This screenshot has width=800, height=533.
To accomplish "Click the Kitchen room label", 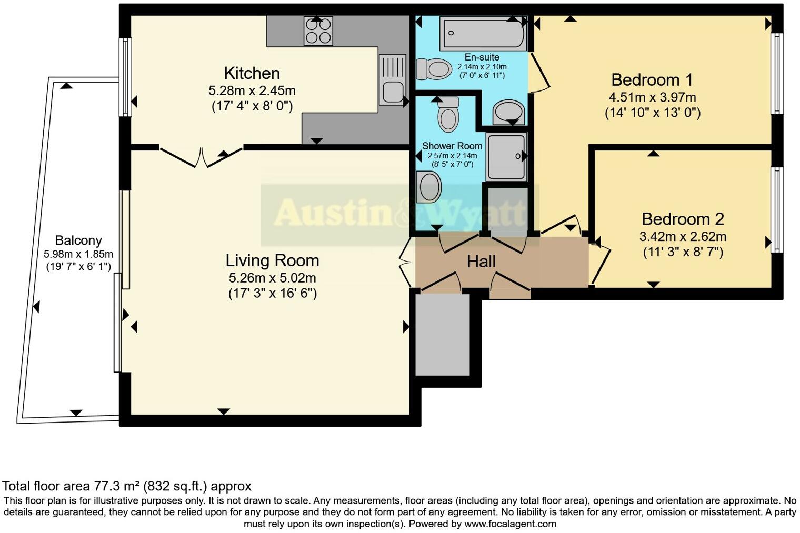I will (x=252, y=73).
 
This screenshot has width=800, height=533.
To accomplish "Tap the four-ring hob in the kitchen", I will (x=318, y=31).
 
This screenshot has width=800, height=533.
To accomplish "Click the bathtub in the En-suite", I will (x=483, y=33).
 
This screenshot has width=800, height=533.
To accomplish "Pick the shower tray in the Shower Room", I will (x=506, y=156).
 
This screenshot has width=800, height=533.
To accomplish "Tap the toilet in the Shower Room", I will (x=448, y=114).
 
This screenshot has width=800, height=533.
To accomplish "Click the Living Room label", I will (x=272, y=260).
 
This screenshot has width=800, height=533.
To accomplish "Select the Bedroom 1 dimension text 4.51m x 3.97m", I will (x=652, y=97).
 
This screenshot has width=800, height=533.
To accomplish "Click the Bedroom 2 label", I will (x=683, y=219).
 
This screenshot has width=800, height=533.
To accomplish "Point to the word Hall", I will (x=481, y=262).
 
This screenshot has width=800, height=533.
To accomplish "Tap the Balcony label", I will (x=78, y=241).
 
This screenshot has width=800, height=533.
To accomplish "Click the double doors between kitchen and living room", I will (x=201, y=157).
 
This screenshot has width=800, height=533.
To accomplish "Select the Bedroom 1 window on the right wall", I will (x=776, y=73).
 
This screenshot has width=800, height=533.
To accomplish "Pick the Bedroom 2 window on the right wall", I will (x=776, y=209).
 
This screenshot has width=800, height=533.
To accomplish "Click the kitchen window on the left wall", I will (x=125, y=77).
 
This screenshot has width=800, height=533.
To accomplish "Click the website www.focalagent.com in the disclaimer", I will (x=510, y=524).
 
